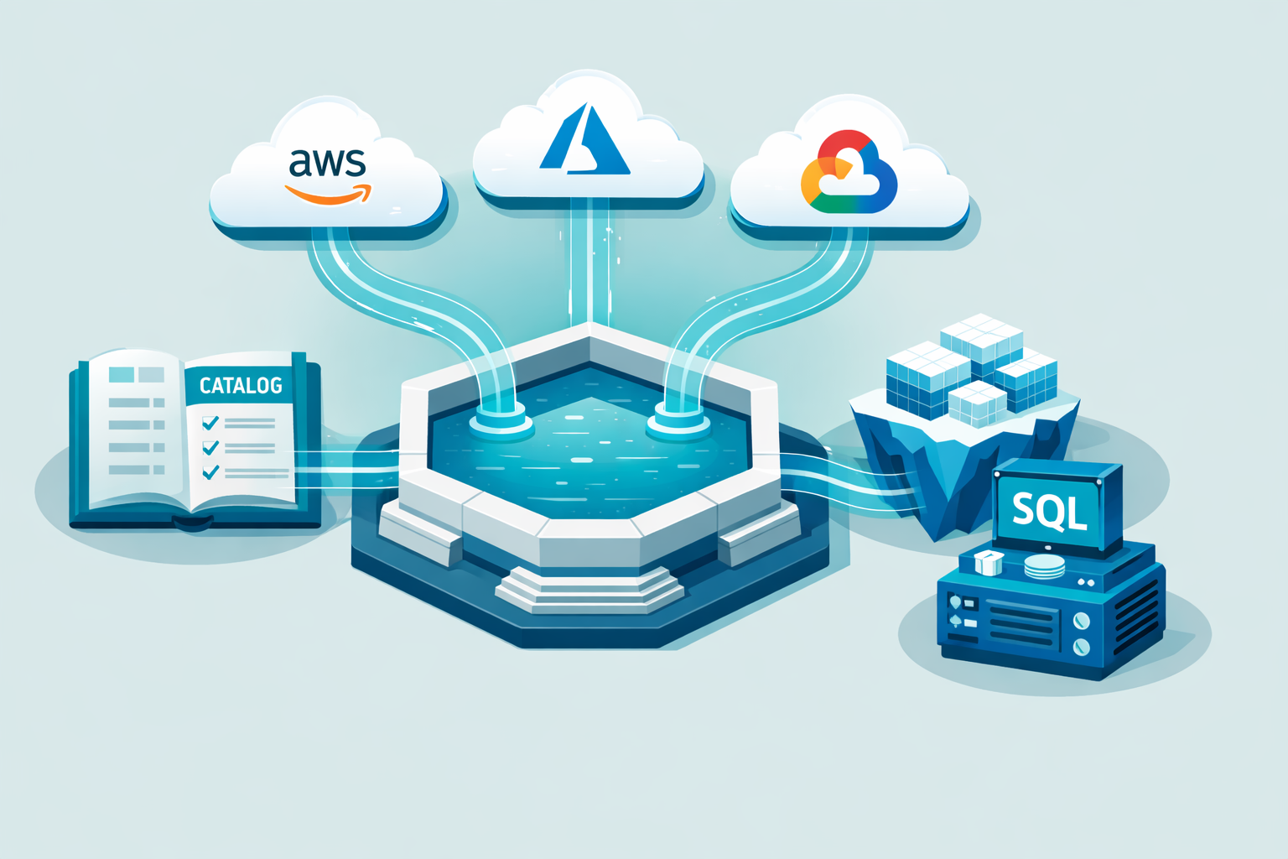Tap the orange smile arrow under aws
tap(329, 195)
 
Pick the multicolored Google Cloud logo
tap(849, 173)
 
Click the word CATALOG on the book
tap(241, 385)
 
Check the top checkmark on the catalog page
tap(210, 423)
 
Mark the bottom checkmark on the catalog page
tap(210, 472)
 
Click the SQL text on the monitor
tap(1049, 509)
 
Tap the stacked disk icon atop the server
tap(1044, 566)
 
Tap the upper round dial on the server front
tap(1081, 621)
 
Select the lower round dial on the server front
tap(1081, 647)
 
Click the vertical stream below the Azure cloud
tap(589, 260)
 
